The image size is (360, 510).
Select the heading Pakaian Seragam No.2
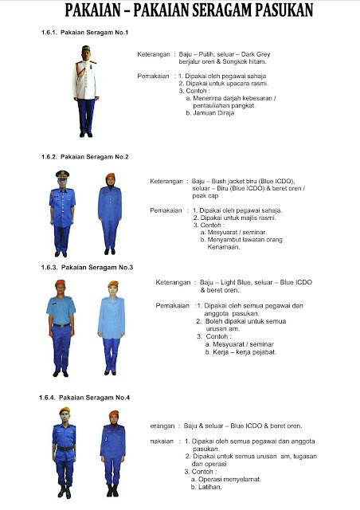[84, 157]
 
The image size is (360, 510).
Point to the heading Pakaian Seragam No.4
[84, 397]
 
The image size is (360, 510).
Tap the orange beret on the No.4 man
[64, 411]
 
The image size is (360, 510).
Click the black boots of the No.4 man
[64, 489]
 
